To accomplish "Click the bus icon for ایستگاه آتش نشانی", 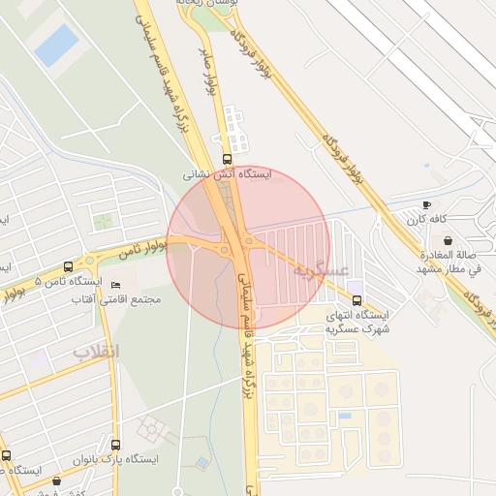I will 228,159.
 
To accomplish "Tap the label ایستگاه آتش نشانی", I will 229,175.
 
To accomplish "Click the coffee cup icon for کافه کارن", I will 427,205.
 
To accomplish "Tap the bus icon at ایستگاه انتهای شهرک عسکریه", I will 356,299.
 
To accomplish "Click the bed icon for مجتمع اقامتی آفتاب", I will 116,286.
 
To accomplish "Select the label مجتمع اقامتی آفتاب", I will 116,300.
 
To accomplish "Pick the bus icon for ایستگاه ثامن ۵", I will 68,266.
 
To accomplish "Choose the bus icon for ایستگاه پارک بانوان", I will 116,445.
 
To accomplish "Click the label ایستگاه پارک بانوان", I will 115,459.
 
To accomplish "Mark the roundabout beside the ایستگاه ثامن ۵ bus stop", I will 90,261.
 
